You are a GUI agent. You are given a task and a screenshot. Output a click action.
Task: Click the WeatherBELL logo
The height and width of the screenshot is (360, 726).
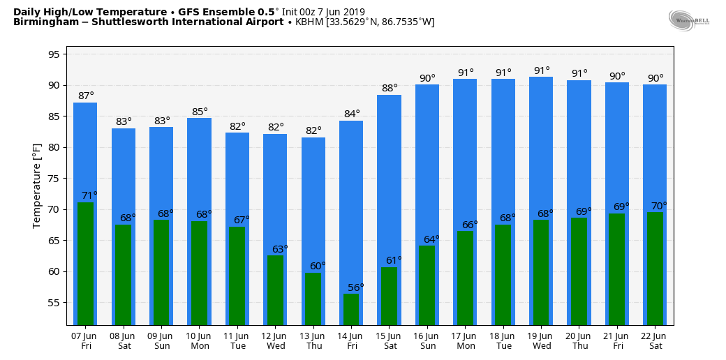pos(688,20)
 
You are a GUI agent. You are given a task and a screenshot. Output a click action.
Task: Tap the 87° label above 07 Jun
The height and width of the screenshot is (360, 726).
pos(85,96)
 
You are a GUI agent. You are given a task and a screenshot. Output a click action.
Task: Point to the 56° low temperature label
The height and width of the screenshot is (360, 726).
pos(356,287)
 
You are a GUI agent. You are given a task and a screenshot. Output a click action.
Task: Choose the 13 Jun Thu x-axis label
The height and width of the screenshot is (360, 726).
pos(313,340)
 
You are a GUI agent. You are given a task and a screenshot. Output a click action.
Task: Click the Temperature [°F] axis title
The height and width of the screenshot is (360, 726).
pos(37,186)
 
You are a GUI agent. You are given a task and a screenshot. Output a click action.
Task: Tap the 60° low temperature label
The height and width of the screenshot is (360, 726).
pos(318,266)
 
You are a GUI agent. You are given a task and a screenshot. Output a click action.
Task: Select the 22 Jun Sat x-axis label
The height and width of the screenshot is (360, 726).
pos(655,340)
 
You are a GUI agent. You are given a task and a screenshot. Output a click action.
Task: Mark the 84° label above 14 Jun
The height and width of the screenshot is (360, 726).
pos(352,114)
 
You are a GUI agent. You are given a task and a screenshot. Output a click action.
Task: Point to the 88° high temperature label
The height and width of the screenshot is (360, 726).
pos(390,88)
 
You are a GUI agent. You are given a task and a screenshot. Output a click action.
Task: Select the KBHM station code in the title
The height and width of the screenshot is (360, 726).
pos(309,22)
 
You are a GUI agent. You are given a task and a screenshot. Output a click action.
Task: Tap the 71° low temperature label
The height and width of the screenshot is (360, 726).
pos(89,195)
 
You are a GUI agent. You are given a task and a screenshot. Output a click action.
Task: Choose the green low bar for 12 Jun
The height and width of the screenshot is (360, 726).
pos(275,290)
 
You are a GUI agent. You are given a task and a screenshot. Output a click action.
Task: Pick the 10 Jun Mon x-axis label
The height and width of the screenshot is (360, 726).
pos(200,340)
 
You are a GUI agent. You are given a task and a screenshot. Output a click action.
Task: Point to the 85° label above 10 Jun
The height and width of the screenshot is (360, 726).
pos(200,112)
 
